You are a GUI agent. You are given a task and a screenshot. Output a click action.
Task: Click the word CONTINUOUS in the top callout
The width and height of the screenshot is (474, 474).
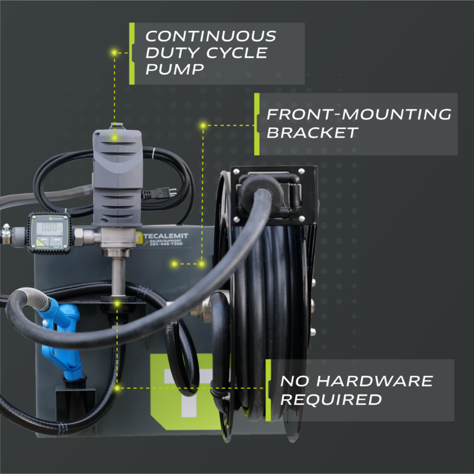coord(210,36)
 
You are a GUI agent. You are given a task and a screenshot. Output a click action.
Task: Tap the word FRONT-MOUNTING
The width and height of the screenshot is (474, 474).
coord(359,114)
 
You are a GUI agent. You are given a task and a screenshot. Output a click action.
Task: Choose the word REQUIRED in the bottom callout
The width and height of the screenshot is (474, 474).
coord(331,399)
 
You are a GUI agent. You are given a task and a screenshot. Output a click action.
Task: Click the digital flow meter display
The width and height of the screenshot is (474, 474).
coord(49,228)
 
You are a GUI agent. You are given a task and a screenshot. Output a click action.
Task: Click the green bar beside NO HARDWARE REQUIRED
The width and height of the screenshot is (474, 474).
coord(269,390)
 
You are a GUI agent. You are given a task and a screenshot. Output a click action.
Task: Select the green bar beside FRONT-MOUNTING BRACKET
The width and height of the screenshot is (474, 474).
coord(257,124)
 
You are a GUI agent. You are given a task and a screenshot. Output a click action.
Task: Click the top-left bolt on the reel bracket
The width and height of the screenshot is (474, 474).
coord(235,172)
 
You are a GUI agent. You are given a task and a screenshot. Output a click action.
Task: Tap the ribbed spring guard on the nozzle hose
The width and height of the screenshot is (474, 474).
coord(45,303)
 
